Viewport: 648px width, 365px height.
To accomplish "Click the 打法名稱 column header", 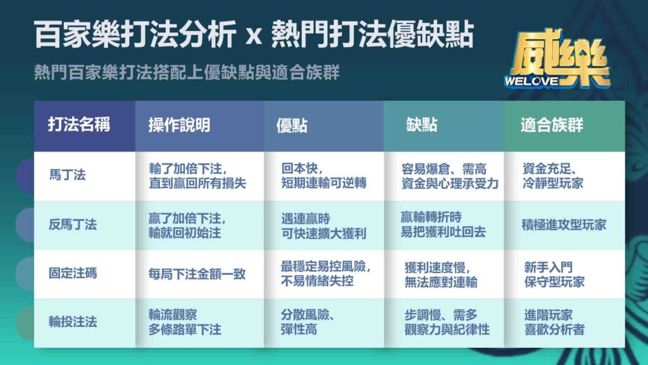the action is click(x=79, y=125).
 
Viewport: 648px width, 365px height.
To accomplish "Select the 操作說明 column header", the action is click(x=179, y=125).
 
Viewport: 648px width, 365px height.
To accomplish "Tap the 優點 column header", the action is click(x=292, y=125).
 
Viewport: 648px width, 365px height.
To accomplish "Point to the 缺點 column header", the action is click(x=421, y=125).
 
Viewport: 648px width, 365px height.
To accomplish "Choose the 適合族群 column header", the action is click(x=552, y=125).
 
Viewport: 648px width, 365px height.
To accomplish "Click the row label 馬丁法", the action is click(x=67, y=175).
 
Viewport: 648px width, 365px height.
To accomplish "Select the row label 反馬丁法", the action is click(x=73, y=224).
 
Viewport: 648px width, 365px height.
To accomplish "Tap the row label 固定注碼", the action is click(x=73, y=273).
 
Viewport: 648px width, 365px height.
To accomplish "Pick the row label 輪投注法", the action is click(x=73, y=321).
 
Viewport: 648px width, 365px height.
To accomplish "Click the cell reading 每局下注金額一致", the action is click(x=197, y=274).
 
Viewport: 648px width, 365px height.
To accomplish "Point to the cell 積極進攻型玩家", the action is click(x=564, y=225).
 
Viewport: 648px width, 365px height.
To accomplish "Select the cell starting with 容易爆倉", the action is click(x=450, y=176).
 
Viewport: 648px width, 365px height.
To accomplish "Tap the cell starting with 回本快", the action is click(x=324, y=176).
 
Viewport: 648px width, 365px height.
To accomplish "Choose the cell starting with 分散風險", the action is click(x=308, y=322).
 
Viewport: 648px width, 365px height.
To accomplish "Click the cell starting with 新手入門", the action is click(x=554, y=274).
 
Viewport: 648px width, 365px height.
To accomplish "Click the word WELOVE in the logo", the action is click(x=532, y=81).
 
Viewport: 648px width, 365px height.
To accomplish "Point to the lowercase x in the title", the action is click(x=254, y=35).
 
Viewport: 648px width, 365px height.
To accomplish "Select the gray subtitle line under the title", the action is click(x=187, y=72).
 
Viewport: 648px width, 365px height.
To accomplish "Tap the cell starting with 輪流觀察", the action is click(x=185, y=322).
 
